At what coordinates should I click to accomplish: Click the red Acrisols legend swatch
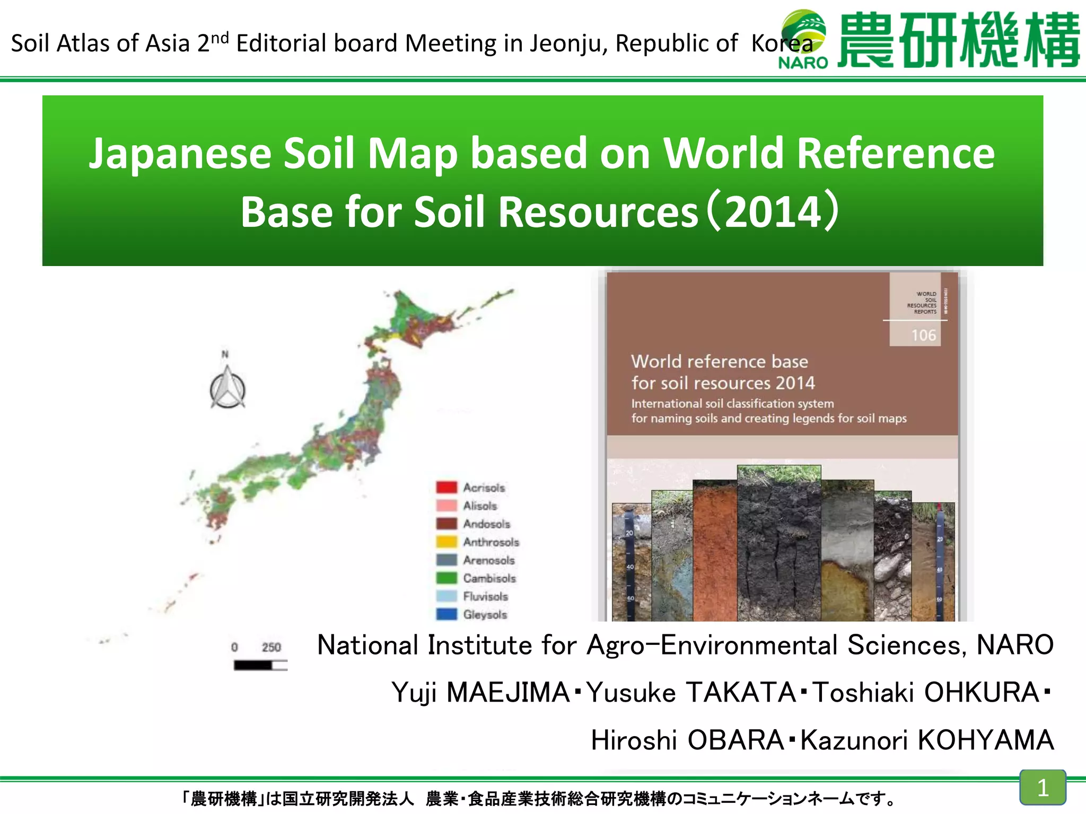tap(446, 487)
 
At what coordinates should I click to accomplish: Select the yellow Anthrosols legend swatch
tap(446, 542)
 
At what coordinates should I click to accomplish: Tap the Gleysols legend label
tap(485, 615)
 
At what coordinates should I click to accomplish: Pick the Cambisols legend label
tap(489, 578)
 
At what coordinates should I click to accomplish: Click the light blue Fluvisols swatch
tap(446, 596)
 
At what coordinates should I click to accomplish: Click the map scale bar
tap(260, 665)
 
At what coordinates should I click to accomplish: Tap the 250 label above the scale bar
tap(271, 647)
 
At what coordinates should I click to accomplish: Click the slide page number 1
tap(1043, 788)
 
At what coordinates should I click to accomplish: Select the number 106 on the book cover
tap(923, 335)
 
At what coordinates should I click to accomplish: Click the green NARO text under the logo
tap(803, 63)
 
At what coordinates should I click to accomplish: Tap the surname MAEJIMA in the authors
tap(508, 693)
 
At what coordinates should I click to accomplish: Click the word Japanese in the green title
tap(180, 154)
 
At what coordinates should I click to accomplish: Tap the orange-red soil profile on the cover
tap(714, 551)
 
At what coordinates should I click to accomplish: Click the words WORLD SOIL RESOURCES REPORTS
tap(923, 303)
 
